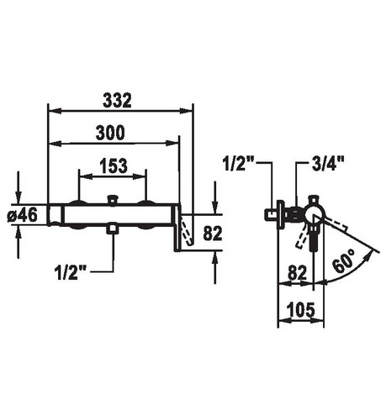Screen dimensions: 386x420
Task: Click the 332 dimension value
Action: (x=117, y=100)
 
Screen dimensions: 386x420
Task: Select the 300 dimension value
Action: (x=110, y=133)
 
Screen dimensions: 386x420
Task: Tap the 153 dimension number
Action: (x=114, y=165)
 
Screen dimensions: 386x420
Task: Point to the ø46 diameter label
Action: (x=23, y=215)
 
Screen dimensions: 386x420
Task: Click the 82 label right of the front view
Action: (x=213, y=234)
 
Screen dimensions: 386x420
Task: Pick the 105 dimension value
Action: (x=301, y=310)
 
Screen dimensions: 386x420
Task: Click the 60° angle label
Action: (x=345, y=261)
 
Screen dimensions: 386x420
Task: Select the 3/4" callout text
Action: (x=328, y=163)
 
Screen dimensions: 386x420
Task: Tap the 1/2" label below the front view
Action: (x=71, y=272)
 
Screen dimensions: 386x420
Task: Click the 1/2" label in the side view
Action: (x=238, y=163)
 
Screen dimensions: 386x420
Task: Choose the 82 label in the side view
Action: (x=298, y=272)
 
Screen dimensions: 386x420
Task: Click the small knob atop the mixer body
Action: (x=113, y=200)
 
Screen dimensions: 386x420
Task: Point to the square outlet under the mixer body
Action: (x=113, y=228)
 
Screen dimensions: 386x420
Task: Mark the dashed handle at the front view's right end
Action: (x=187, y=230)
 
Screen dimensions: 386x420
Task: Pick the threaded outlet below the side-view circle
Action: (x=314, y=238)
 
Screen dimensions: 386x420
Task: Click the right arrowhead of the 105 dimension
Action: (x=318, y=321)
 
